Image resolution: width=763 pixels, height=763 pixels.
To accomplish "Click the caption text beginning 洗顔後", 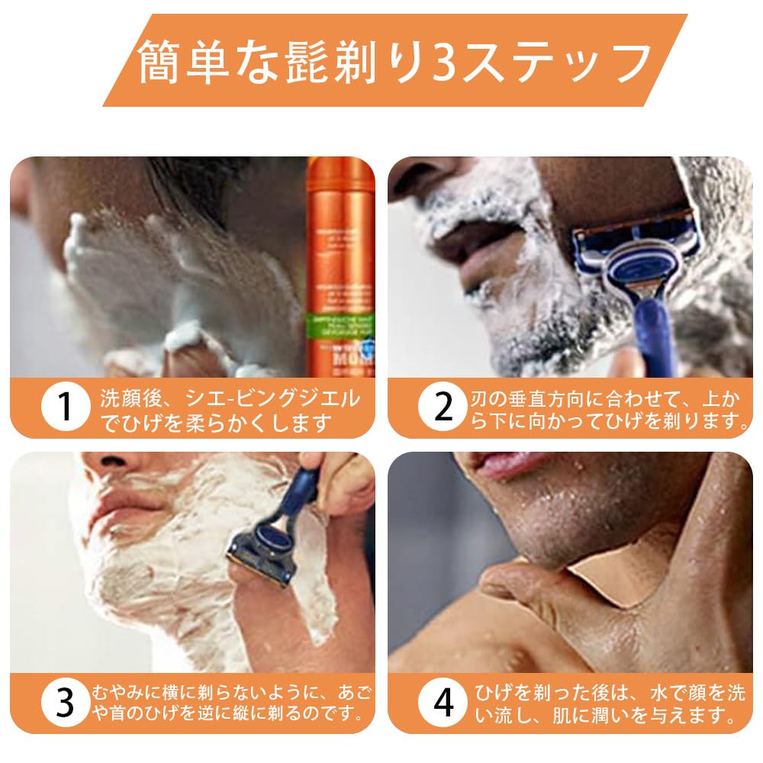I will point(229,409).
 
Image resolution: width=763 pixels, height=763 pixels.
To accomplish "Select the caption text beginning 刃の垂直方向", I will point(607,409).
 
